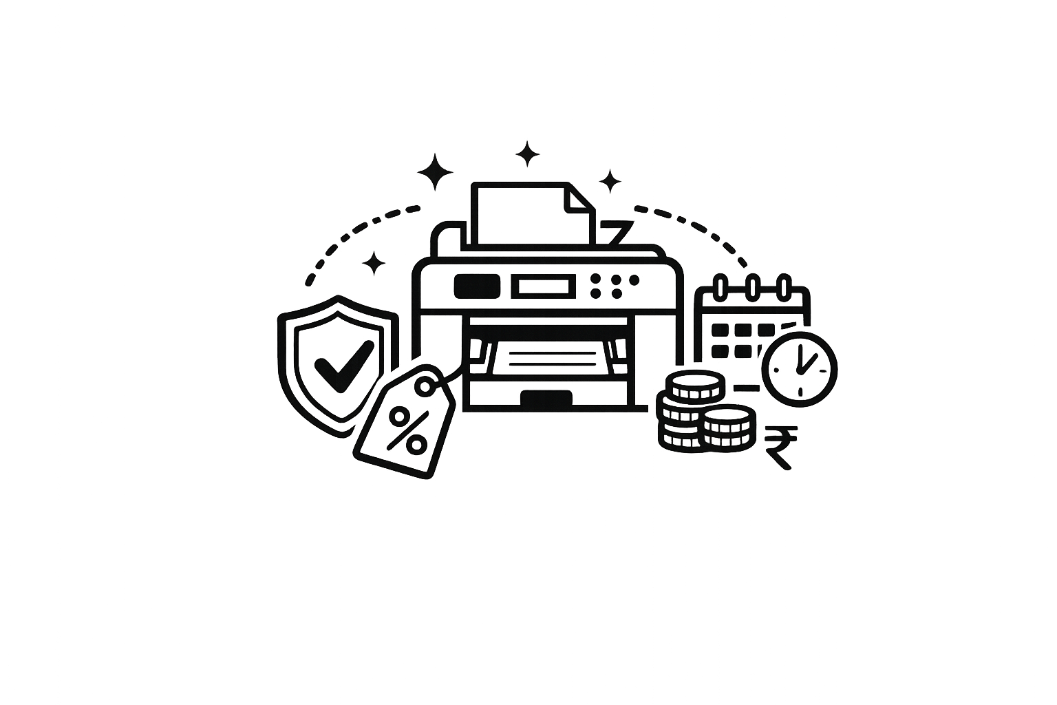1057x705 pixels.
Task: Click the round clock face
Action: click(800, 368)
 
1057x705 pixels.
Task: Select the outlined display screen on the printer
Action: click(544, 285)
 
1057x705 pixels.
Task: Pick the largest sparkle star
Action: click(436, 171)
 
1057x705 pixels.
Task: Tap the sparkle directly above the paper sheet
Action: click(527, 154)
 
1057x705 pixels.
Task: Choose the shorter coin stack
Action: click(728, 429)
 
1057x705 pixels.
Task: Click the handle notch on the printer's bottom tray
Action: click(546, 398)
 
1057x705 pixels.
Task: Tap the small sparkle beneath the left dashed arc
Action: click(374, 262)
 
